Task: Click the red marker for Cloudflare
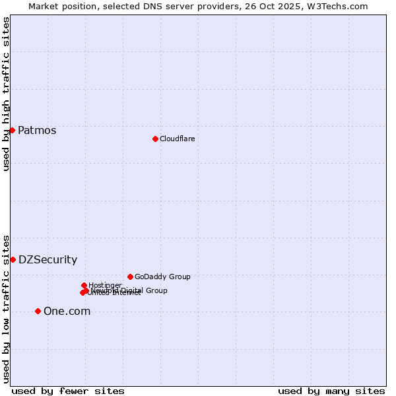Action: (x=155, y=139)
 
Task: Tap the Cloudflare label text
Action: (x=177, y=139)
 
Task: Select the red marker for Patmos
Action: (x=12, y=130)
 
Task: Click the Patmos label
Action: (x=37, y=130)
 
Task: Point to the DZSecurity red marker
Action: (x=13, y=259)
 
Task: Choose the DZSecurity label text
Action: (x=48, y=259)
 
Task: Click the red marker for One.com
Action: (x=38, y=311)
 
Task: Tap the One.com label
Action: (x=67, y=311)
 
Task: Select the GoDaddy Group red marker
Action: (x=130, y=277)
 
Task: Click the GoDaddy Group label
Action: (x=162, y=277)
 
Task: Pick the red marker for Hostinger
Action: (x=84, y=285)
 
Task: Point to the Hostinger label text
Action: (x=105, y=285)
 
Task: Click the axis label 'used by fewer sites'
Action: (x=68, y=391)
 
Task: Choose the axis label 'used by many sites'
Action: (x=331, y=391)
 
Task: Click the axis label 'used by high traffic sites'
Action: (x=6, y=94)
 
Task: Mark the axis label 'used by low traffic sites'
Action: (x=6, y=308)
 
